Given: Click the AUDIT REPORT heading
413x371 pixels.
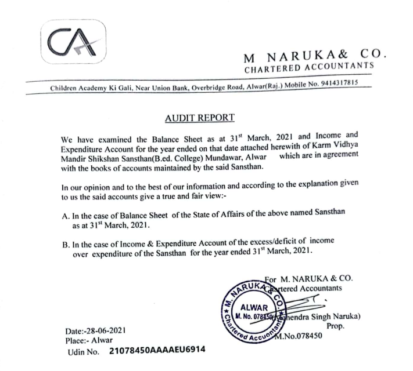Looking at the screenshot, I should coord(199,118).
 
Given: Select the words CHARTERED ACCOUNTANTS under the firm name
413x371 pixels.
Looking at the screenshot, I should coord(309,69).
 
